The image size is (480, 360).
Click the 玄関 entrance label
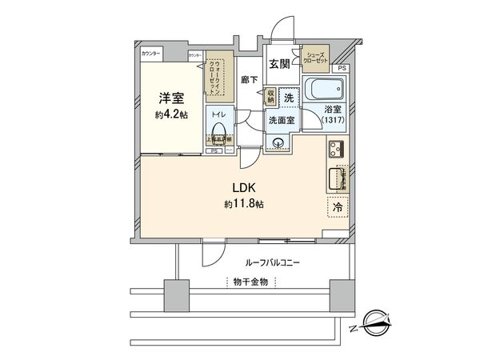pos(279,65)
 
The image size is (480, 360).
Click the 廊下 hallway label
pos(248,81)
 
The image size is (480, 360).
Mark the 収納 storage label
pos(271,96)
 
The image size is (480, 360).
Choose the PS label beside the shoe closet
pos(342,69)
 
